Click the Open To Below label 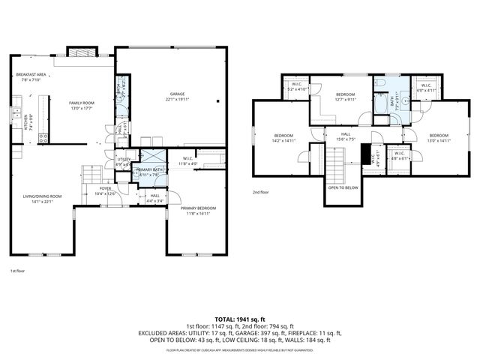(x=343, y=187)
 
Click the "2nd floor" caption (x=260, y=193)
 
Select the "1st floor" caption (x=17, y=270)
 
